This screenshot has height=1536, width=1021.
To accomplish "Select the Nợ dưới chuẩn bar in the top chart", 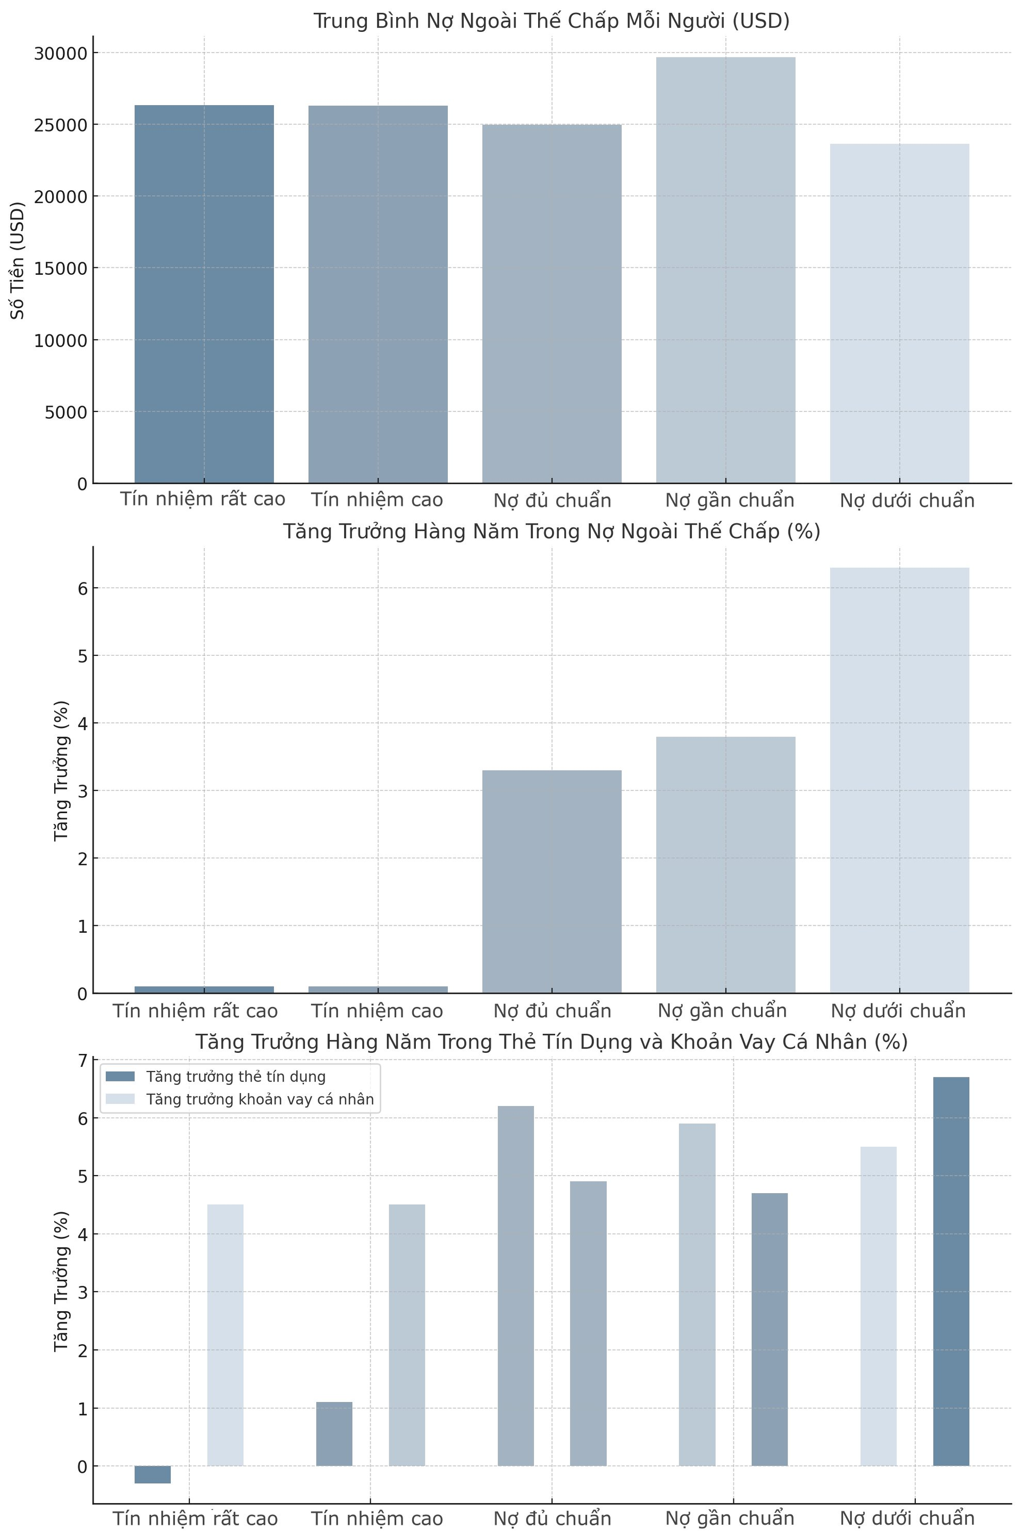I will click(899, 313).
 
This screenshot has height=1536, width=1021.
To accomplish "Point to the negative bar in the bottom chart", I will click(153, 1474).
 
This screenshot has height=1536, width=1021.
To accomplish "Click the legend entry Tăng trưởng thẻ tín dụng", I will click(236, 1076).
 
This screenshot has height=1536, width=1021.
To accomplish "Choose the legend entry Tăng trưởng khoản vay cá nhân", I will click(260, 1099).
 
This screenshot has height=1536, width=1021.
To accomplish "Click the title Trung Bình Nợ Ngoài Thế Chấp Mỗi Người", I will click(551, 21).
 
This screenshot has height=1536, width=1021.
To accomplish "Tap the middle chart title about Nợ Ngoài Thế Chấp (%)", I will click(551, 531).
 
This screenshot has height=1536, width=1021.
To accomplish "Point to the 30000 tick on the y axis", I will click(60, 53).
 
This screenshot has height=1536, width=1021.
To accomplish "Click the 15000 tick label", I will click(60, 268).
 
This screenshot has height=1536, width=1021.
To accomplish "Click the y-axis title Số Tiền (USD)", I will click(18, 260).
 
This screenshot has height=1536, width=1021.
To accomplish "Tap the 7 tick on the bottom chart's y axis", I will click(82, 1061).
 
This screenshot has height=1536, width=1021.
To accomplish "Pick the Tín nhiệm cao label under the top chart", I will click(376, 500).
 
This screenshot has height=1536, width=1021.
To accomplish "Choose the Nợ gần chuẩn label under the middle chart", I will click(722, 1010).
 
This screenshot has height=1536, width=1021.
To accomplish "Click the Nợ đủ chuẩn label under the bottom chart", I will click(551, 1518).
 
